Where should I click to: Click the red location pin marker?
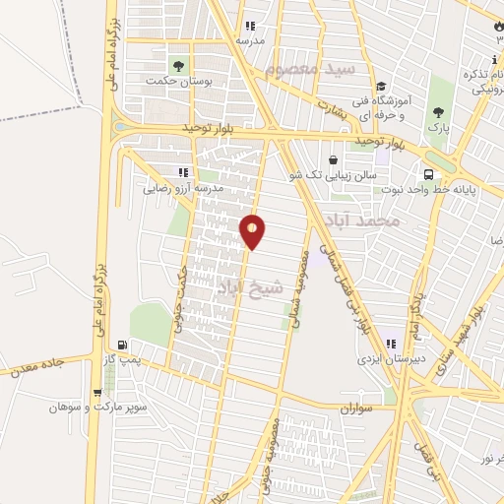pyautogui.click(x=253, y=230)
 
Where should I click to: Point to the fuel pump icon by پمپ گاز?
pyautogui.click(x=122, y=345)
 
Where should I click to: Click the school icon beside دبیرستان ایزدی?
pyautogui.click(x=391, y=345)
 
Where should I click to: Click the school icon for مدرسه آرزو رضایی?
pyautogui.click(x=180, y=172)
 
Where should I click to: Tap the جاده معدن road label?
pyautogui.click(x=35, y=368)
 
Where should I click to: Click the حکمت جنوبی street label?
pyautogui.click(x=181, y=301)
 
